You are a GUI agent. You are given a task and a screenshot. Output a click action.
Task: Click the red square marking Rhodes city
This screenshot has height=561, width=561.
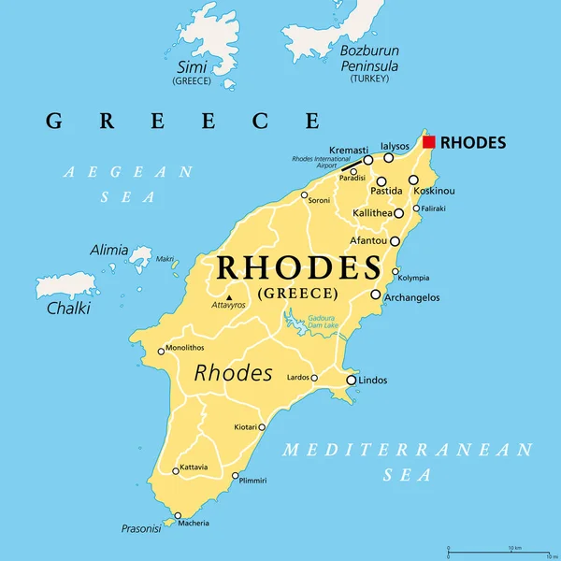[428, 142]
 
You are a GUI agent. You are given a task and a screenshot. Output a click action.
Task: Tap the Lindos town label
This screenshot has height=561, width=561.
[373, 381]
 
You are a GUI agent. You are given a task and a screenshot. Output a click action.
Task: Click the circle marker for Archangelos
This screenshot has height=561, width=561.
[376, 295]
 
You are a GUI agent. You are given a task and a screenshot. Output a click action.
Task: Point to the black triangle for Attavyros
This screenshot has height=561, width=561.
[229, 298]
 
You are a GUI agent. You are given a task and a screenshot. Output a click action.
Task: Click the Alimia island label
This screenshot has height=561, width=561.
[108, 250]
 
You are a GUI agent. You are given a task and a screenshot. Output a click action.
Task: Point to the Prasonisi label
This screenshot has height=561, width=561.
[140, 528]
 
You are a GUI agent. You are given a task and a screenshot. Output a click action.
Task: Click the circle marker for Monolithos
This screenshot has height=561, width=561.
[161, 352]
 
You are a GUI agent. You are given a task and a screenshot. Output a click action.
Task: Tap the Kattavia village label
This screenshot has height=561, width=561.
[194, 467]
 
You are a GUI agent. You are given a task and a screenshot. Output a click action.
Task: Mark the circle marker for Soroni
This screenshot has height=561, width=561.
[304, 195]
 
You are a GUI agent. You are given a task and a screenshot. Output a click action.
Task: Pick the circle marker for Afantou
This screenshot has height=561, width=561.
[395, 241]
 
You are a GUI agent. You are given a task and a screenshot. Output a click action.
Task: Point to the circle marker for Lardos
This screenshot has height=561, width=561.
[314, 379]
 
